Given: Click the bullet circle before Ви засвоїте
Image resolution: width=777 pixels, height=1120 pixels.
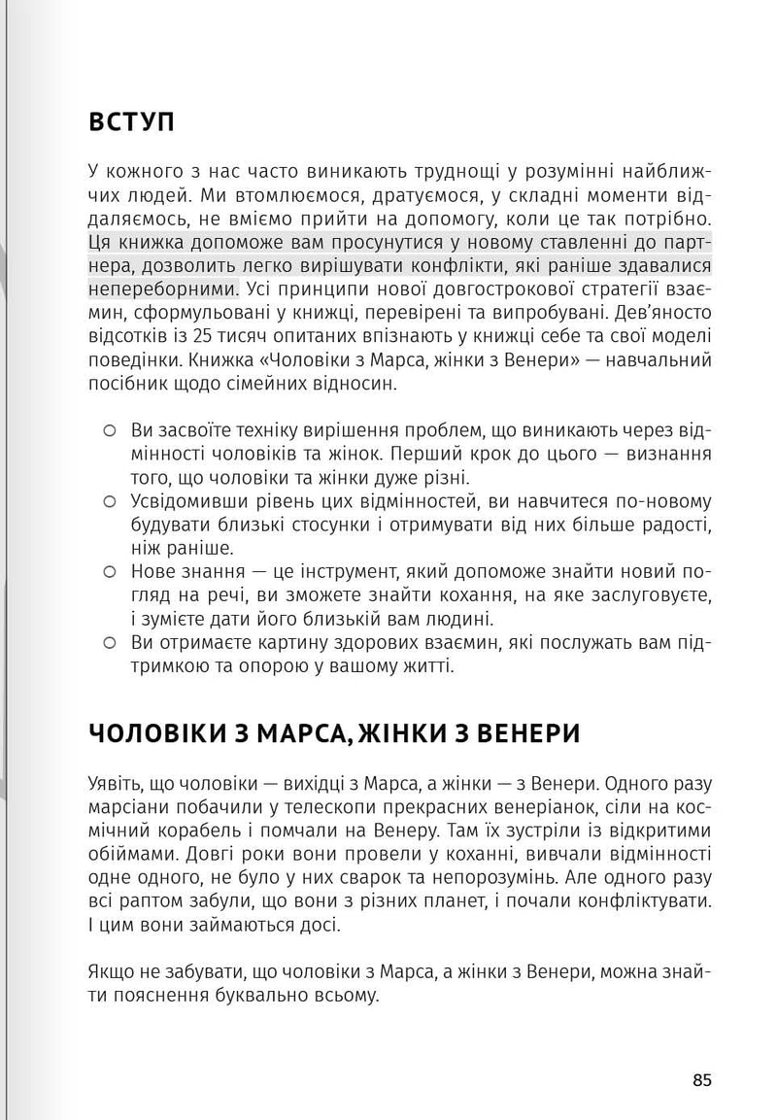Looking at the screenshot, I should coord(110,429).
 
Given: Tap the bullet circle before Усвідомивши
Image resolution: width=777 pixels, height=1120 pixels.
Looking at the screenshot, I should coord(110,502).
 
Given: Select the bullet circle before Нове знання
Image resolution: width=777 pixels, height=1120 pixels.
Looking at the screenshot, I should coord(110,571).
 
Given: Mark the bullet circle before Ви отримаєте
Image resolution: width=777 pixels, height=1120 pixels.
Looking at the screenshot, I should coord(110,642).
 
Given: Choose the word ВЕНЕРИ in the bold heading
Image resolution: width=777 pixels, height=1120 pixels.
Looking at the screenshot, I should coord(524,732).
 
